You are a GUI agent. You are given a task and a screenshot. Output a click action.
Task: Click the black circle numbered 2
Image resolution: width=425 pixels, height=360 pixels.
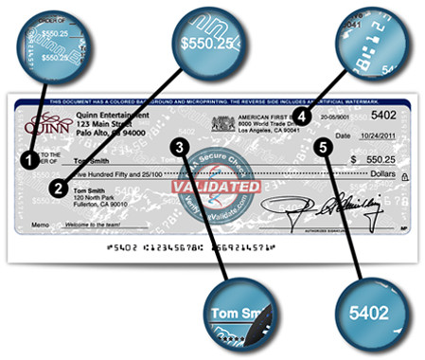point(59,188)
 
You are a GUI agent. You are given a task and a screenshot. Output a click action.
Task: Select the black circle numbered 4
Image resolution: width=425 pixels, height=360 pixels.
point(301,116)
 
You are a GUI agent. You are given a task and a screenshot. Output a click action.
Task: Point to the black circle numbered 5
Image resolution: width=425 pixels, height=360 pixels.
point(327,148)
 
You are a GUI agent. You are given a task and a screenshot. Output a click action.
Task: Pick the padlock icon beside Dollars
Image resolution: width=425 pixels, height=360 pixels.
point(404,176)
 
